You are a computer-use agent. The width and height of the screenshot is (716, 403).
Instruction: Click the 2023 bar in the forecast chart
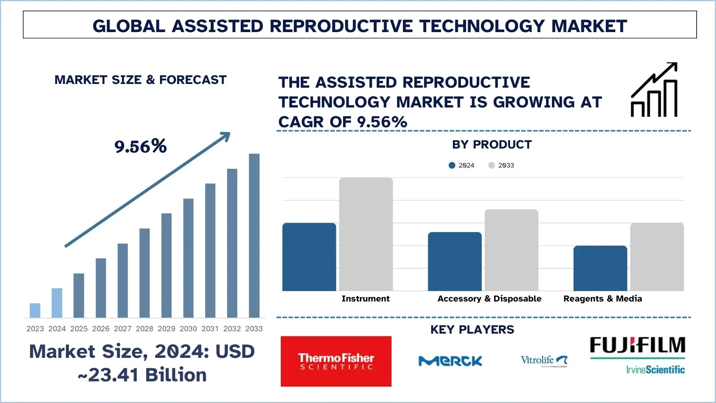(x=35, y=310)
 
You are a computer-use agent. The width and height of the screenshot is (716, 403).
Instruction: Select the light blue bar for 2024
(x=57, y=303)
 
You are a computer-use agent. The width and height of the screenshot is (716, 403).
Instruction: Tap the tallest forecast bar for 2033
(x=254, y=236)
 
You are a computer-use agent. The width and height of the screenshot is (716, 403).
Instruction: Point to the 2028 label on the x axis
(x=144, y=329)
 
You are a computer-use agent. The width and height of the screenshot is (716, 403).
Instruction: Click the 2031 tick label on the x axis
(x=210, y=329)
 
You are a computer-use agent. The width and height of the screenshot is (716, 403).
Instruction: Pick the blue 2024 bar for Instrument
(x=309, y=257)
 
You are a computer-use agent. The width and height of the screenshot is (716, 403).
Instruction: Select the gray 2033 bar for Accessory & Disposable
(x=511, y=250)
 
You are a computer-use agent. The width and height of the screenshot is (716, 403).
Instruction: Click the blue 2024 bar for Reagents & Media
(x=600, y=268)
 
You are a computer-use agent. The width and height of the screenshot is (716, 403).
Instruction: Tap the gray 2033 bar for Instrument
(x=366, y=234)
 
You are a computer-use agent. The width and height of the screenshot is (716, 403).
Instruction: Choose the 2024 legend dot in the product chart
(x=452, y=165)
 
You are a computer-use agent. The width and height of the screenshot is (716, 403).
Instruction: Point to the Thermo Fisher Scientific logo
(x=336, y=361)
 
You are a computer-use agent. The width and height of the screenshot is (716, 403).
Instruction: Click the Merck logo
(x=450, y=361)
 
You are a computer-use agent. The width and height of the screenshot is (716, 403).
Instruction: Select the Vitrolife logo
(x=544, y=361)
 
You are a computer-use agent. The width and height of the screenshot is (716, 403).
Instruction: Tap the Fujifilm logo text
(x=637, y=346)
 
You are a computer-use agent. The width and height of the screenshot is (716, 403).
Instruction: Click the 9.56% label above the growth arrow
(x=141, y=146)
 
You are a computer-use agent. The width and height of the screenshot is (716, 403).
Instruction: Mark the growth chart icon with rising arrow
(x=654, y=90)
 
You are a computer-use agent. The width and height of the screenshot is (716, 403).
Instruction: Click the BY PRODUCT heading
(x=492, y=144)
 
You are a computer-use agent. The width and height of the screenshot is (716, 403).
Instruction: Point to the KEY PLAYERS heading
(x=472, y=329)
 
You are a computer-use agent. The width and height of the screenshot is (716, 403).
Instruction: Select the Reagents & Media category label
(x=603, y=299)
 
